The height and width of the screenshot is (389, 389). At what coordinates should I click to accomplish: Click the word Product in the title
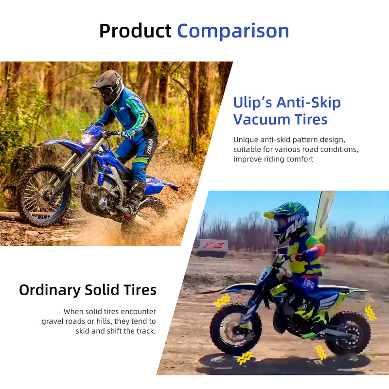coord(135,31)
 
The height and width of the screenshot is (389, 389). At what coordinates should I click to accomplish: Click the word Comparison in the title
coord(233,31)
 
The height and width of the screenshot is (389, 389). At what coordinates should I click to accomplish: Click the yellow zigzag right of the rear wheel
coord(371,312)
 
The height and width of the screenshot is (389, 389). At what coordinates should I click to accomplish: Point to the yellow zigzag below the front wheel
coord(246,358)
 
